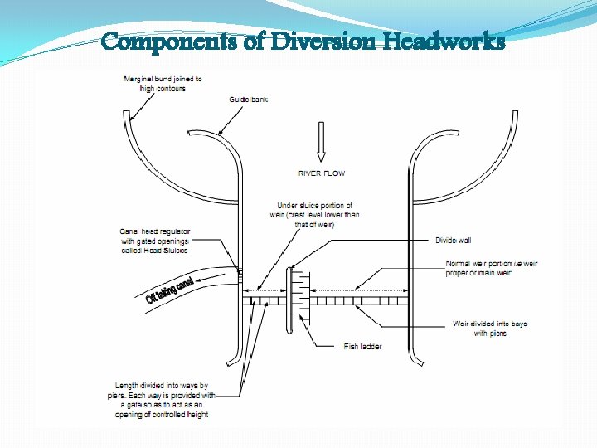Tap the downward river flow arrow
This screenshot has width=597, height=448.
click(x=321, y=143)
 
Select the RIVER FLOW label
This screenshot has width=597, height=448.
click(x=321, y=173)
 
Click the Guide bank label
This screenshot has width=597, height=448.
click(x=248, y=100)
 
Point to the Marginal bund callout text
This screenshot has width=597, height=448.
click(x=163, y=84)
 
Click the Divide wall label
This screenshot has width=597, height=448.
click(x=453, y=241)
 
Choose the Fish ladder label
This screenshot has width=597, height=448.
click(x=362, y=347)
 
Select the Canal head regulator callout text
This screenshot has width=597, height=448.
click(x=155, y=241)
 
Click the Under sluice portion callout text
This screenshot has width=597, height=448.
click(x=315, y=215)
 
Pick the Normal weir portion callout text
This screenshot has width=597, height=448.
click(x=491, y=268)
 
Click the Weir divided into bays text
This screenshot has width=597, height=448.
click(x=490, y=329)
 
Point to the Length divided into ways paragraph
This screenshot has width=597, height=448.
click(x=163, y=400)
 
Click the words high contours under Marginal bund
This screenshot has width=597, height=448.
click(x=163, y=89)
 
